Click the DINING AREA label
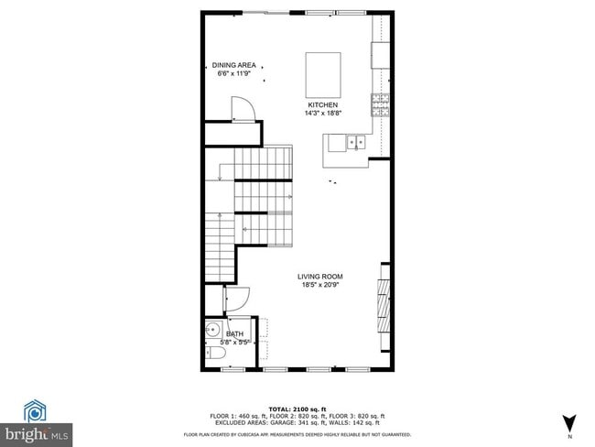pos(234,65)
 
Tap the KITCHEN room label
pos(321,105)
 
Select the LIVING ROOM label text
pos(319,276)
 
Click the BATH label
pos(235,334)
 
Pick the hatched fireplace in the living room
pos(382,307)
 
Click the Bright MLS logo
pos(37,431)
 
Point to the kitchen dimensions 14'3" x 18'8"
pos(321,114)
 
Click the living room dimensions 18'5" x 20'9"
pos(319,284)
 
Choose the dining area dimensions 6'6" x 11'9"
pos(234,73)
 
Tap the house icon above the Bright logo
pos(36,409)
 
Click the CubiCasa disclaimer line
pos(297,434)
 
